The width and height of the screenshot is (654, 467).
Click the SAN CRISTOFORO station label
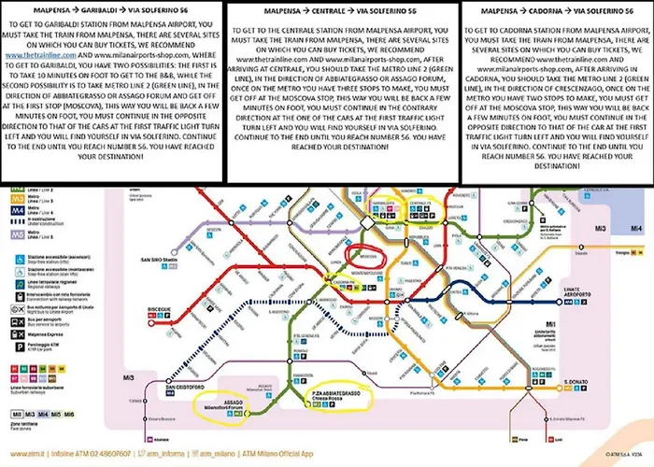coord(188,384)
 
